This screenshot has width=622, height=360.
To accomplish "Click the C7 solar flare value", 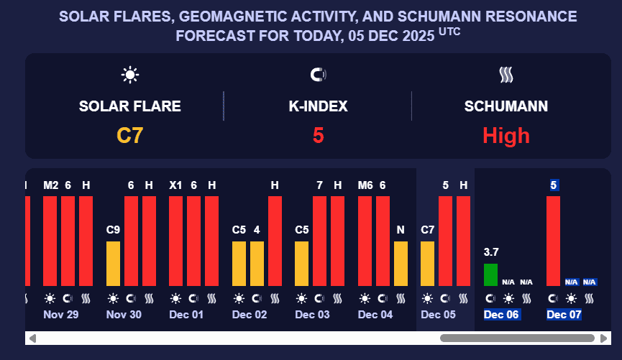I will pos(129,135).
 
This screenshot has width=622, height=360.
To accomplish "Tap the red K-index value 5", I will pos(318,135).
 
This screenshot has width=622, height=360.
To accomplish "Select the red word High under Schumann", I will pos(506,135).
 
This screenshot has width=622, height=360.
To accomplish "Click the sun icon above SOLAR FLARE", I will pos(129,74).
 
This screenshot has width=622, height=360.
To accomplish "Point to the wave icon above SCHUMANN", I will pos(506,74).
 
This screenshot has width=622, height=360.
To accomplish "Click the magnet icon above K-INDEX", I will pos(318,74).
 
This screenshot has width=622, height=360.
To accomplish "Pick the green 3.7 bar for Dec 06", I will pos(490,274).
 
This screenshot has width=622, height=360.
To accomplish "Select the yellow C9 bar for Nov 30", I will pos(113,263).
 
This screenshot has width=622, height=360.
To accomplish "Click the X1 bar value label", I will pos(175,185).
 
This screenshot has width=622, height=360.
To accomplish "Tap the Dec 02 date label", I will pos(249,315).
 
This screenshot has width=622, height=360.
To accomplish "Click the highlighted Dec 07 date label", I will pos(564,315).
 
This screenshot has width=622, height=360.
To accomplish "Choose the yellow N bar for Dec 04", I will pos(401,263).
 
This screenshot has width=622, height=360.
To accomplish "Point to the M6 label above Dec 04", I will pos(365,185).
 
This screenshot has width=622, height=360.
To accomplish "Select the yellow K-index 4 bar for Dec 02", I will pos(257,263).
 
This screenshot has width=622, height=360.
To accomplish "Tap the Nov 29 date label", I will pos(60,315).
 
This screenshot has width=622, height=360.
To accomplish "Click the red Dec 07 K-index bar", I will pos(553,241).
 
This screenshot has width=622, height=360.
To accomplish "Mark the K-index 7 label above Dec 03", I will pos(319,185).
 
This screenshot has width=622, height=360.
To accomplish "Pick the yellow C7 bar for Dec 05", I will pos(427,263).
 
